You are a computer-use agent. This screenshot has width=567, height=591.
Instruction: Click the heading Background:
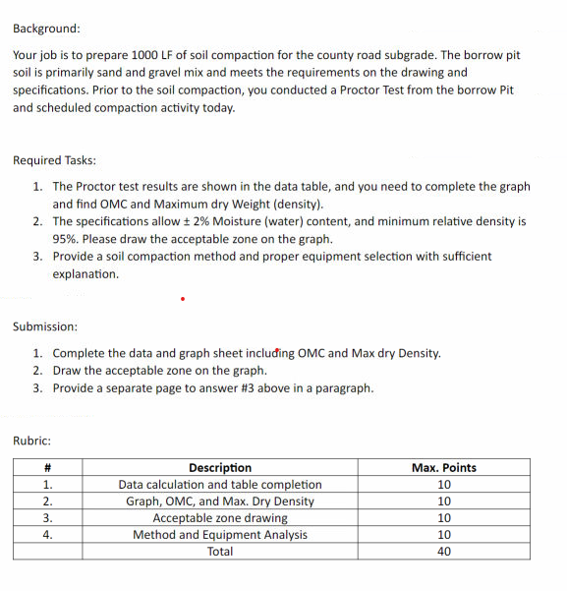[x=47, y=30]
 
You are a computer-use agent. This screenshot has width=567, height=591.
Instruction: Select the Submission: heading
[x=45, y=326]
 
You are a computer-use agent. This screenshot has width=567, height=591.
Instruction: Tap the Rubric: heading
[x=32, y=441]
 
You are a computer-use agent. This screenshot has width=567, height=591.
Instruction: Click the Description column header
[x=219, y=468]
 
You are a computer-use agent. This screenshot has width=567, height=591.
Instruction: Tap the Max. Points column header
[x=443, y=468]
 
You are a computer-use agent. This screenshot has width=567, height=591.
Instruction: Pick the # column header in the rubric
[x=46, y=468]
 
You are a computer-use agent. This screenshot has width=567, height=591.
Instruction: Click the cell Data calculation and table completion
[x=219, y=485]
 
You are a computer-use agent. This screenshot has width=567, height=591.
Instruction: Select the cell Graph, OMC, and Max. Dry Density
[x=219, y=502]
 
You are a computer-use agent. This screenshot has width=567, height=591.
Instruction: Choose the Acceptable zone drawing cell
[x=219, y=518]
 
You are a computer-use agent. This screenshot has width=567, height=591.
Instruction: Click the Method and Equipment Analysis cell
[x=219, y=535]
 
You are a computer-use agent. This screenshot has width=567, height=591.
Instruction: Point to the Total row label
[x=219, y=552]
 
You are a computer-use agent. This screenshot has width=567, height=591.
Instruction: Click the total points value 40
[x=443, y=552]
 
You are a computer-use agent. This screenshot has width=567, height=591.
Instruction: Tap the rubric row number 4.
[x=46, y=535]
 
